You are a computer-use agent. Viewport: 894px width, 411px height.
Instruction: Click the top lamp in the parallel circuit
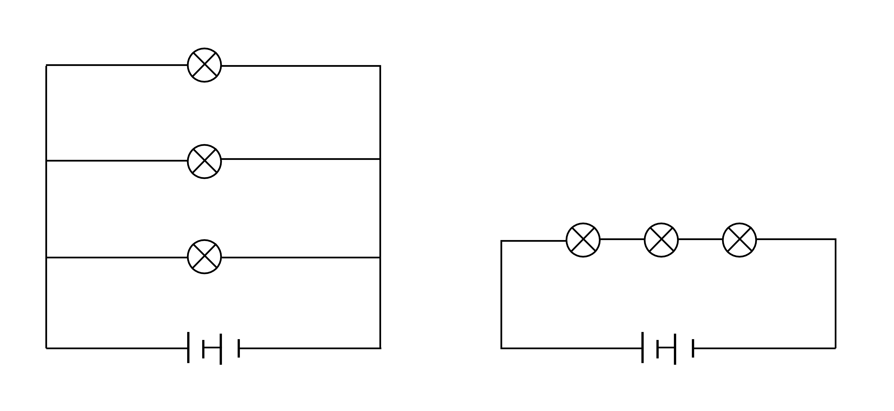(204, 65)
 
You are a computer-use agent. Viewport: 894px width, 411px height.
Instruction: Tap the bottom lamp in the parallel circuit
(204, 257)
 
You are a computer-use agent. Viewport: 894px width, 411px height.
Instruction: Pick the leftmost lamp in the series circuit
(583, 240)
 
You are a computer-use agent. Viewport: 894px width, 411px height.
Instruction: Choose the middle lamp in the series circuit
(661, 240)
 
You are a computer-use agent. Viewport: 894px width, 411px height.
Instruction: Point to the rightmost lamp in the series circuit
(740, 240)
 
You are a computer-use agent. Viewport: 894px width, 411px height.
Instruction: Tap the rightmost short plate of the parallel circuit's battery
(239, 348)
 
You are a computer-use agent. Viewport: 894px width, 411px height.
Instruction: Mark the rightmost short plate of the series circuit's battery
(693, 348)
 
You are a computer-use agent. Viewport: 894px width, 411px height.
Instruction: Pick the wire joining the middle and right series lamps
(700, 239)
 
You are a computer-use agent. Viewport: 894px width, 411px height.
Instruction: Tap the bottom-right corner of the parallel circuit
(380, 348)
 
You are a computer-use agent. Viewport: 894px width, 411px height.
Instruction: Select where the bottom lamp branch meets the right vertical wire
(380, 257)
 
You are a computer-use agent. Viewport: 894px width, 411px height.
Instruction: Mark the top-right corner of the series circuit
(835, 239)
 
